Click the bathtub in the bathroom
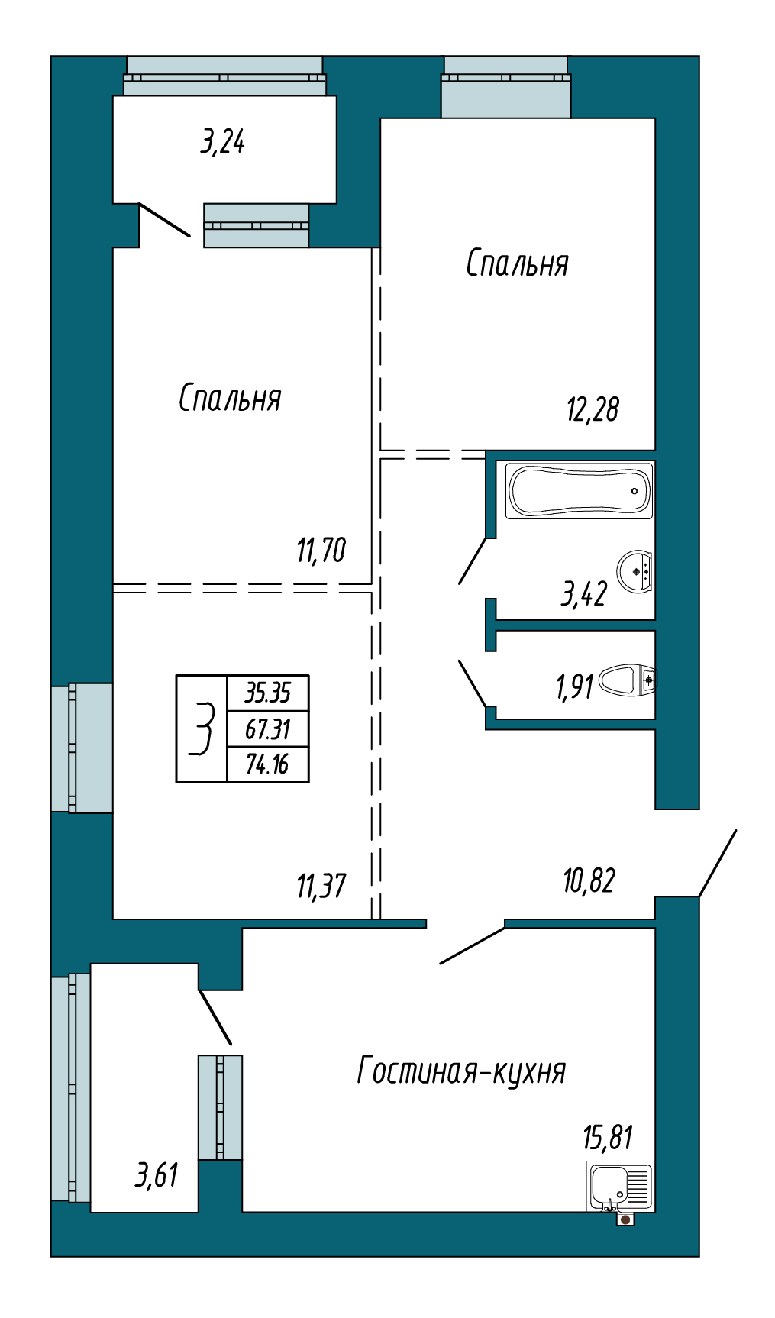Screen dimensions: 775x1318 coord(580,490)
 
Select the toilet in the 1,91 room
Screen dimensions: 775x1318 coord(628,680)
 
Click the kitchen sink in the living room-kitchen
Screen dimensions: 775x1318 coord(620,1187)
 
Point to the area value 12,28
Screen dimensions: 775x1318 coord(593,409)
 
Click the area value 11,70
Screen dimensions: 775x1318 coord(321,550)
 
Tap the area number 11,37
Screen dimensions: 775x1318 coord(321,886)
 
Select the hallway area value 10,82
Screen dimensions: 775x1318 coord(589,880)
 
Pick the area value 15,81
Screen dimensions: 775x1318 coord(608,1137)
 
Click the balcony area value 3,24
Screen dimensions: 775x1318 coord(222,141)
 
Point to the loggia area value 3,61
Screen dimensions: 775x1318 coord(157,1175)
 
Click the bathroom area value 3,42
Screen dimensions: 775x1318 coord(584,593)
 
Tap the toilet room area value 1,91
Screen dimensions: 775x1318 coord(574,686)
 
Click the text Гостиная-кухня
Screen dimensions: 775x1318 coord(461,1071)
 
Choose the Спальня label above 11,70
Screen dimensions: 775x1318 coord(230,398)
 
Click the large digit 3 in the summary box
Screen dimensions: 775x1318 coord(202,729)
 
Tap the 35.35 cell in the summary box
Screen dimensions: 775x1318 coord(268,693)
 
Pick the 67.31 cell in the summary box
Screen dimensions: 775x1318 coord(268,728)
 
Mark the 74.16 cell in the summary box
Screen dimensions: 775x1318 coord(268,764)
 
